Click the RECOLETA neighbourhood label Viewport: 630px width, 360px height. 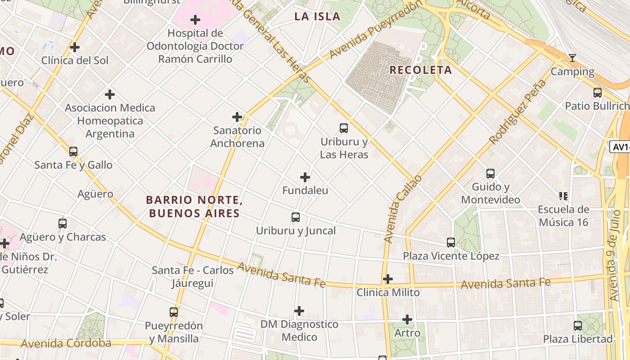point(420,70)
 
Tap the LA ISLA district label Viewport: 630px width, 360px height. point(317,17)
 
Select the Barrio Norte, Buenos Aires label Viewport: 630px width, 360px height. point(194,207)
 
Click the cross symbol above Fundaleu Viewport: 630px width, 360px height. point(305,177)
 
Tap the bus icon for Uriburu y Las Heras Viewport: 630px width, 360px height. point(344,128)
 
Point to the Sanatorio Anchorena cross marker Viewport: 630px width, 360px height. point(237,117)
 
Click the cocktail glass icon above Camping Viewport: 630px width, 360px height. point(572,58)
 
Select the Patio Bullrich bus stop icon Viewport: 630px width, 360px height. point(598,93)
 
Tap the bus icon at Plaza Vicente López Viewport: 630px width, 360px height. point(451,243)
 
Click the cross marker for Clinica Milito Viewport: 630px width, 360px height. point(387,279)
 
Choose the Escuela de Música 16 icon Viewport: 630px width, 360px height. point(563,196)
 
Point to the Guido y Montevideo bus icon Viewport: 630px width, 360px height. point(490,173)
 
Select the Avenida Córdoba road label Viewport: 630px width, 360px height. point(66,343)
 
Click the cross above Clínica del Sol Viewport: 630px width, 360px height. point(75,47)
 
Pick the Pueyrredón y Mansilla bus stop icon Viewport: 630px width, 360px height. point(174,312)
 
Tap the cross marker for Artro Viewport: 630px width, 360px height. point(407,319)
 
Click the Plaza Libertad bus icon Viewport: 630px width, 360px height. point(578,325)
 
